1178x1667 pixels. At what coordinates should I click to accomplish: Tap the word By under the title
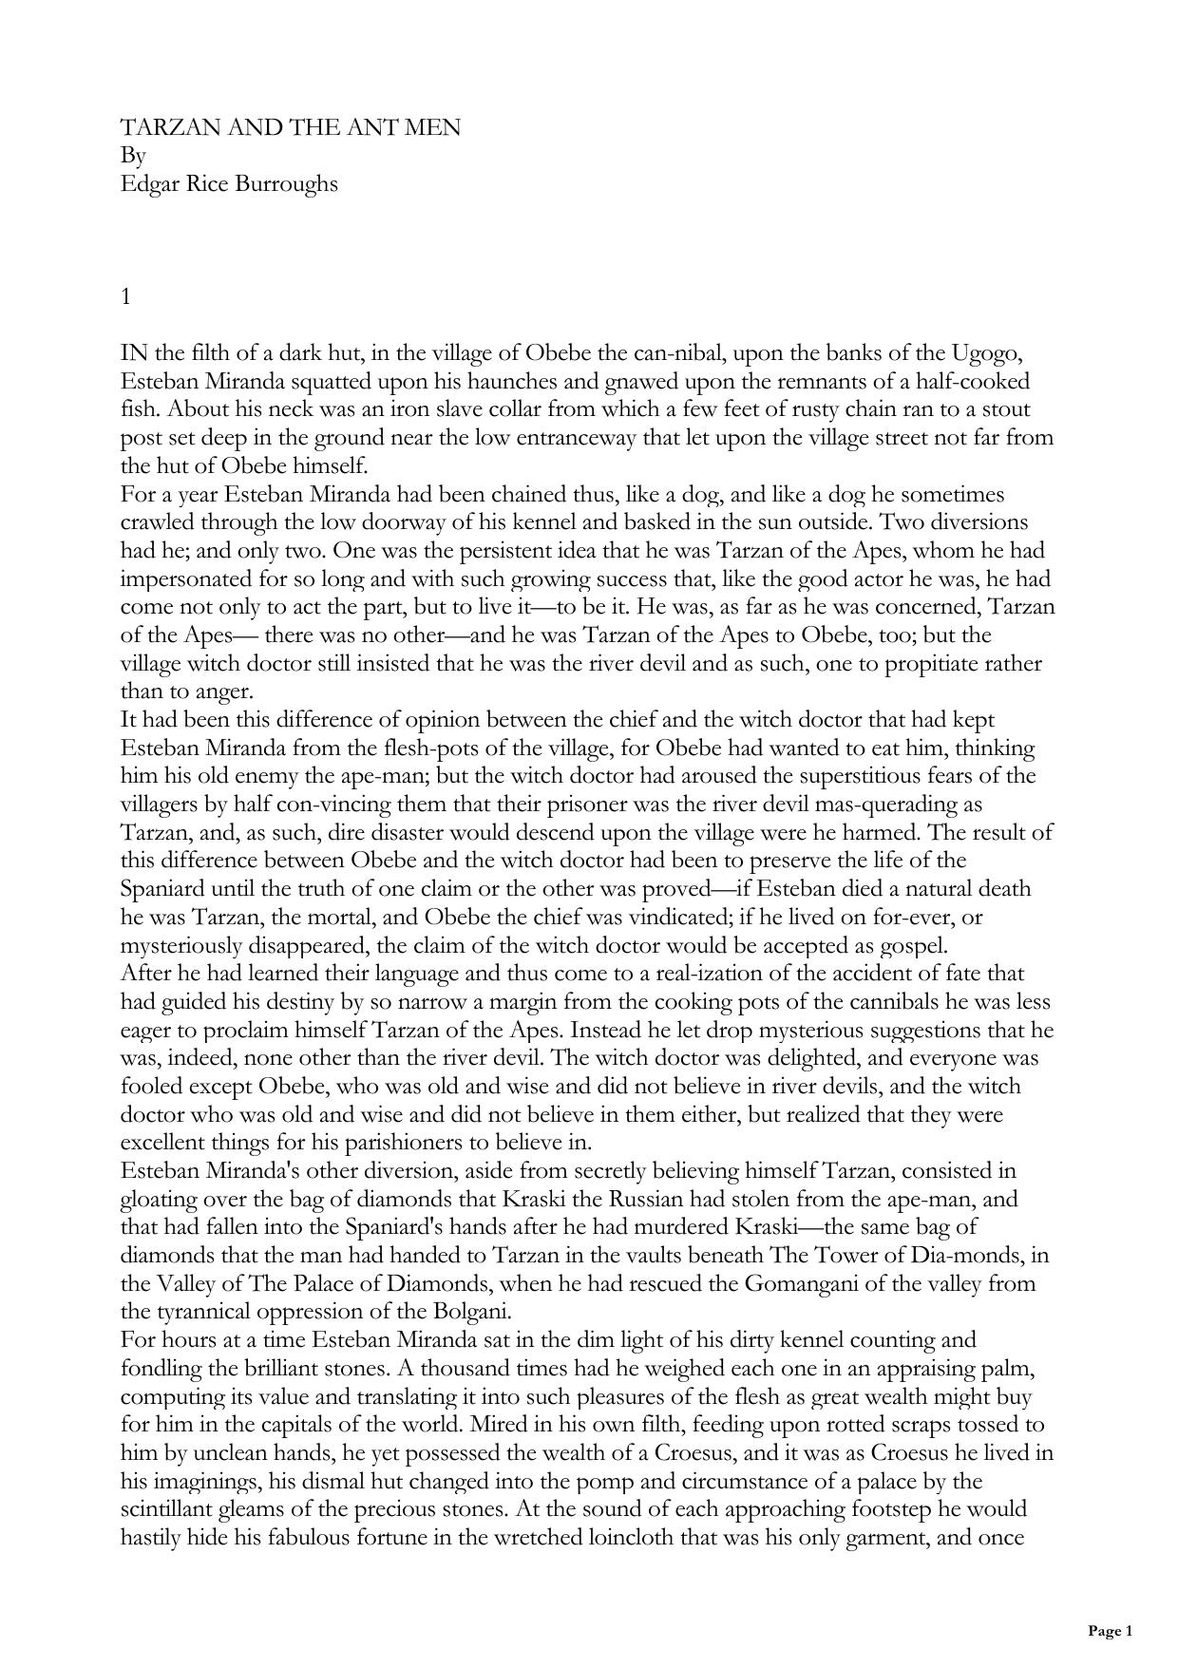(x=133, y=156)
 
